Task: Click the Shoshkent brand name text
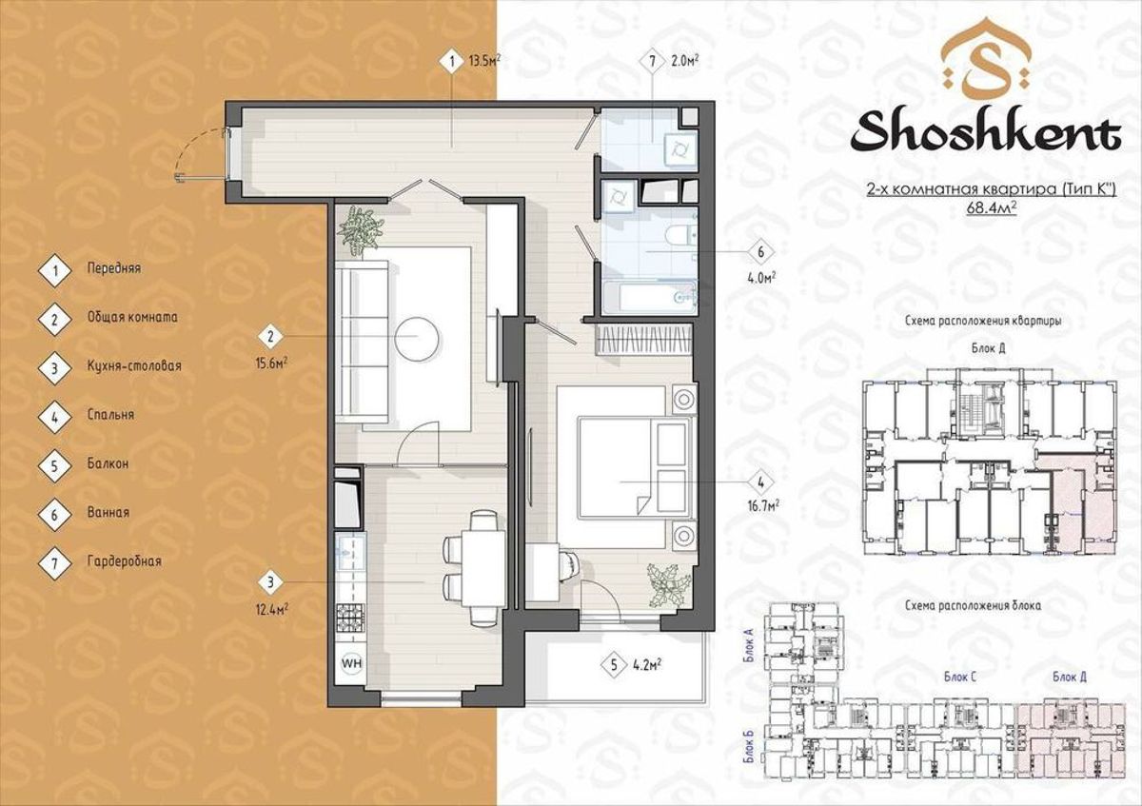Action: [986, 132]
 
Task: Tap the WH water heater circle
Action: [352, 662]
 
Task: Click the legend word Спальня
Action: [110, 415]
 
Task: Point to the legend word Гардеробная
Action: [125, 561]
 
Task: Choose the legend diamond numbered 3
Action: [54, 368]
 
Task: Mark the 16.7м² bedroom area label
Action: [762, 505]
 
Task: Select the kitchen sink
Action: [350, 551]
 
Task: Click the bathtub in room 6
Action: [649, 297]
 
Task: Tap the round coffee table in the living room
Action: [418, 339]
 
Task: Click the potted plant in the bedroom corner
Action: [669, 584]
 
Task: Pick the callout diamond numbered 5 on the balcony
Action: [614, 665]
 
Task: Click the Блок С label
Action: [960, 677]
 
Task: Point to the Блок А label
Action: [749, 645]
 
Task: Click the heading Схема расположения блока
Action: [974, 605]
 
